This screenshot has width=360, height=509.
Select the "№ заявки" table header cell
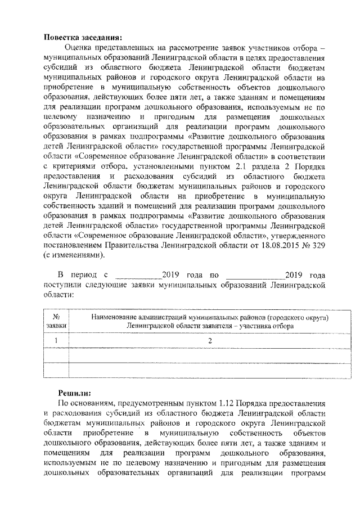(x=56, y=322)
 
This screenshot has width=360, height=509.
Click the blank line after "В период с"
(x=137, y=276)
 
